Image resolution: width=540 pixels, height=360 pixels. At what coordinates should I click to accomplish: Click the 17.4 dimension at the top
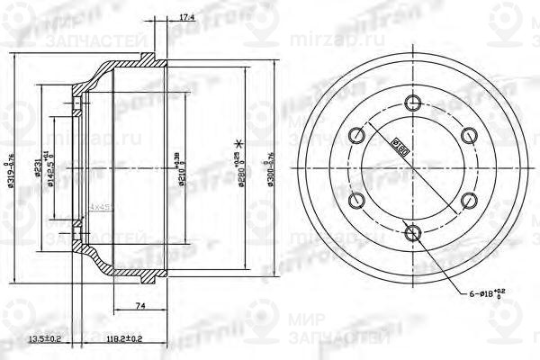162,17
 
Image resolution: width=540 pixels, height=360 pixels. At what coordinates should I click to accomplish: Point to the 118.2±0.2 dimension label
124,339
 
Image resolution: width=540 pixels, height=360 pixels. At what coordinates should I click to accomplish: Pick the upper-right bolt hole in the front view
469,135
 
